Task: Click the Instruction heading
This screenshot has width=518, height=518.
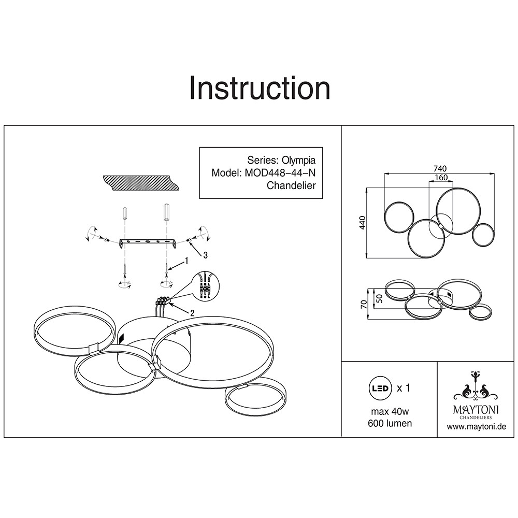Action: (260, 88)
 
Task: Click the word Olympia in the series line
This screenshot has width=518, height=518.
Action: (298, 160)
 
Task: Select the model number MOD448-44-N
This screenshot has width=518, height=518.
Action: (280, 173)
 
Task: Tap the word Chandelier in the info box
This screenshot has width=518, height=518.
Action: (291, 185)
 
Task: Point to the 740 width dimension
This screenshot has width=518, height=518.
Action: (440, 169)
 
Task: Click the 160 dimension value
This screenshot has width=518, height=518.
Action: (441, 177)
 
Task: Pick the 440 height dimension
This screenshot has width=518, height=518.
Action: (363, 223)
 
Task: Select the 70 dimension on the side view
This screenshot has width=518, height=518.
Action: (364, 304)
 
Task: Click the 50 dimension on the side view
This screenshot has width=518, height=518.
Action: (379, 298)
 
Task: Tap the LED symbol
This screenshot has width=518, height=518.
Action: (380, 388)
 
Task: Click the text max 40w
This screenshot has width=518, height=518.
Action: (390, 412)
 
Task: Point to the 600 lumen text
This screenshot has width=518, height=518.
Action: (390, 423)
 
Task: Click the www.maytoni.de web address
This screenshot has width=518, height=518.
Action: (477, 426)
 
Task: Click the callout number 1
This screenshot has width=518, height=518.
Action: (186, 261)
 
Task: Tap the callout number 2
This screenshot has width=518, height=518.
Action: (192, 312)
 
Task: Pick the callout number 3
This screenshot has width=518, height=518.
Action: (205, 255)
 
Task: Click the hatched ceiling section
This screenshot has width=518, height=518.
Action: (141, 183)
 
